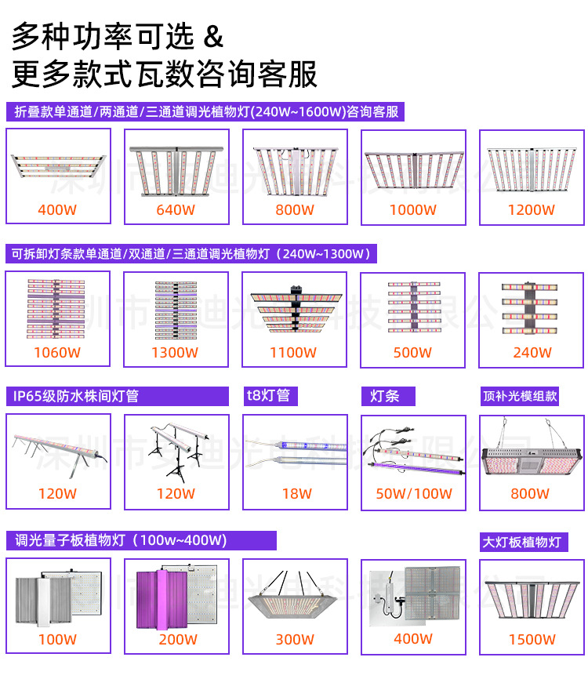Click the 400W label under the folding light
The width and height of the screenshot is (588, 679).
coord(57,210)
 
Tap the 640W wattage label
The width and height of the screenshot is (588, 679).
coord(176,210)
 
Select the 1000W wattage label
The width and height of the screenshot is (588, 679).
coord(413,210)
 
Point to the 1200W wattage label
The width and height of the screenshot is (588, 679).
coord(531,210)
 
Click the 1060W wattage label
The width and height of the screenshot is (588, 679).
coord(57,353)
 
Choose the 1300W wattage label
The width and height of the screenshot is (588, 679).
coord(175,353)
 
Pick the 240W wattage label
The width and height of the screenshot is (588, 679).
coord(532,353)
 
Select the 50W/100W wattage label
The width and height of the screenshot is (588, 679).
coord(414,494)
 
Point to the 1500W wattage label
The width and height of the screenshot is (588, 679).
coord(532,640)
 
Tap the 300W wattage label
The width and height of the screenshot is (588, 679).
coord(295,640)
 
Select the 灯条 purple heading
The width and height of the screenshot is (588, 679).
coord(385,396)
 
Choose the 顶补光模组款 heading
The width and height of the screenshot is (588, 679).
coord(520,396)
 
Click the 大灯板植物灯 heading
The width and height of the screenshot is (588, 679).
coord(522,542)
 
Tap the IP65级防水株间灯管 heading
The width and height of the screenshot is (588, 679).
coord(76,396)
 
